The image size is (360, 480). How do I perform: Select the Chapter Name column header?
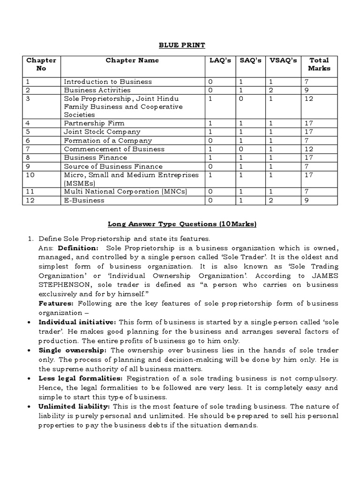132,60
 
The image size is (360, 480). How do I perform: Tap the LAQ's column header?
220,60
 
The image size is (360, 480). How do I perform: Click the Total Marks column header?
319,64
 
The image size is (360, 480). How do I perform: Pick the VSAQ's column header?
283,60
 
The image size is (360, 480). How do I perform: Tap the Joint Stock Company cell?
102,132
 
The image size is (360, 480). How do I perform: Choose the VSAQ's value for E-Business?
270,200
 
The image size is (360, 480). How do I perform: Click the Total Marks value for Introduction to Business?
307,82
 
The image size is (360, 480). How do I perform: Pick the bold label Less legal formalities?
81,378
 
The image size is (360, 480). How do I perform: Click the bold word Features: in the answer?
53,304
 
